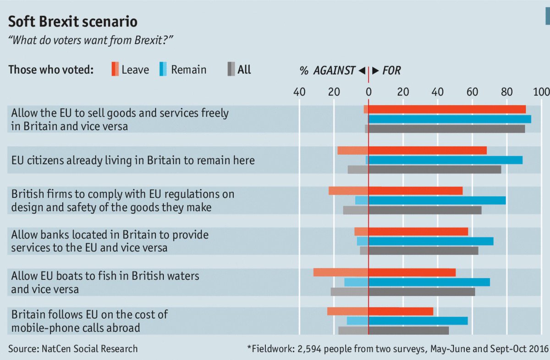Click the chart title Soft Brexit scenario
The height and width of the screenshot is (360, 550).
(72, 22)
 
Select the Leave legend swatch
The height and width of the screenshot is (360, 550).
(115, 69)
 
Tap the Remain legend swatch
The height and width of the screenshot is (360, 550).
(163, 69)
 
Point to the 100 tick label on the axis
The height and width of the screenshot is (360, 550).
(541, 92)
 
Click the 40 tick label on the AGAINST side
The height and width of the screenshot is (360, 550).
(299, 92)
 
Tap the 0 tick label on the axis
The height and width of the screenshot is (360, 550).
(368, 92)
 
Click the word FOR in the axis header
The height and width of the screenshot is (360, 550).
(391, 71)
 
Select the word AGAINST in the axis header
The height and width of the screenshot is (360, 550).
(334, 71)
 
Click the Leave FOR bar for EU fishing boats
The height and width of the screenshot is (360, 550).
(412, 273)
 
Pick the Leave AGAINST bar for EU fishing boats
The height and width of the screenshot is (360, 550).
(341, 273)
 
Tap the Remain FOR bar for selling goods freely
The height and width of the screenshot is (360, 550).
(450, 119)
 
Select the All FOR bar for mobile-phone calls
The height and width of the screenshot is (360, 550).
(408, 330)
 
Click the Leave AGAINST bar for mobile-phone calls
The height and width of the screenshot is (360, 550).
(347, 311)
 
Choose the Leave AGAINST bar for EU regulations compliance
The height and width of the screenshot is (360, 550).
(348, 191)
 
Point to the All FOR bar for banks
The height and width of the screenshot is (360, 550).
(423, 251)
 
